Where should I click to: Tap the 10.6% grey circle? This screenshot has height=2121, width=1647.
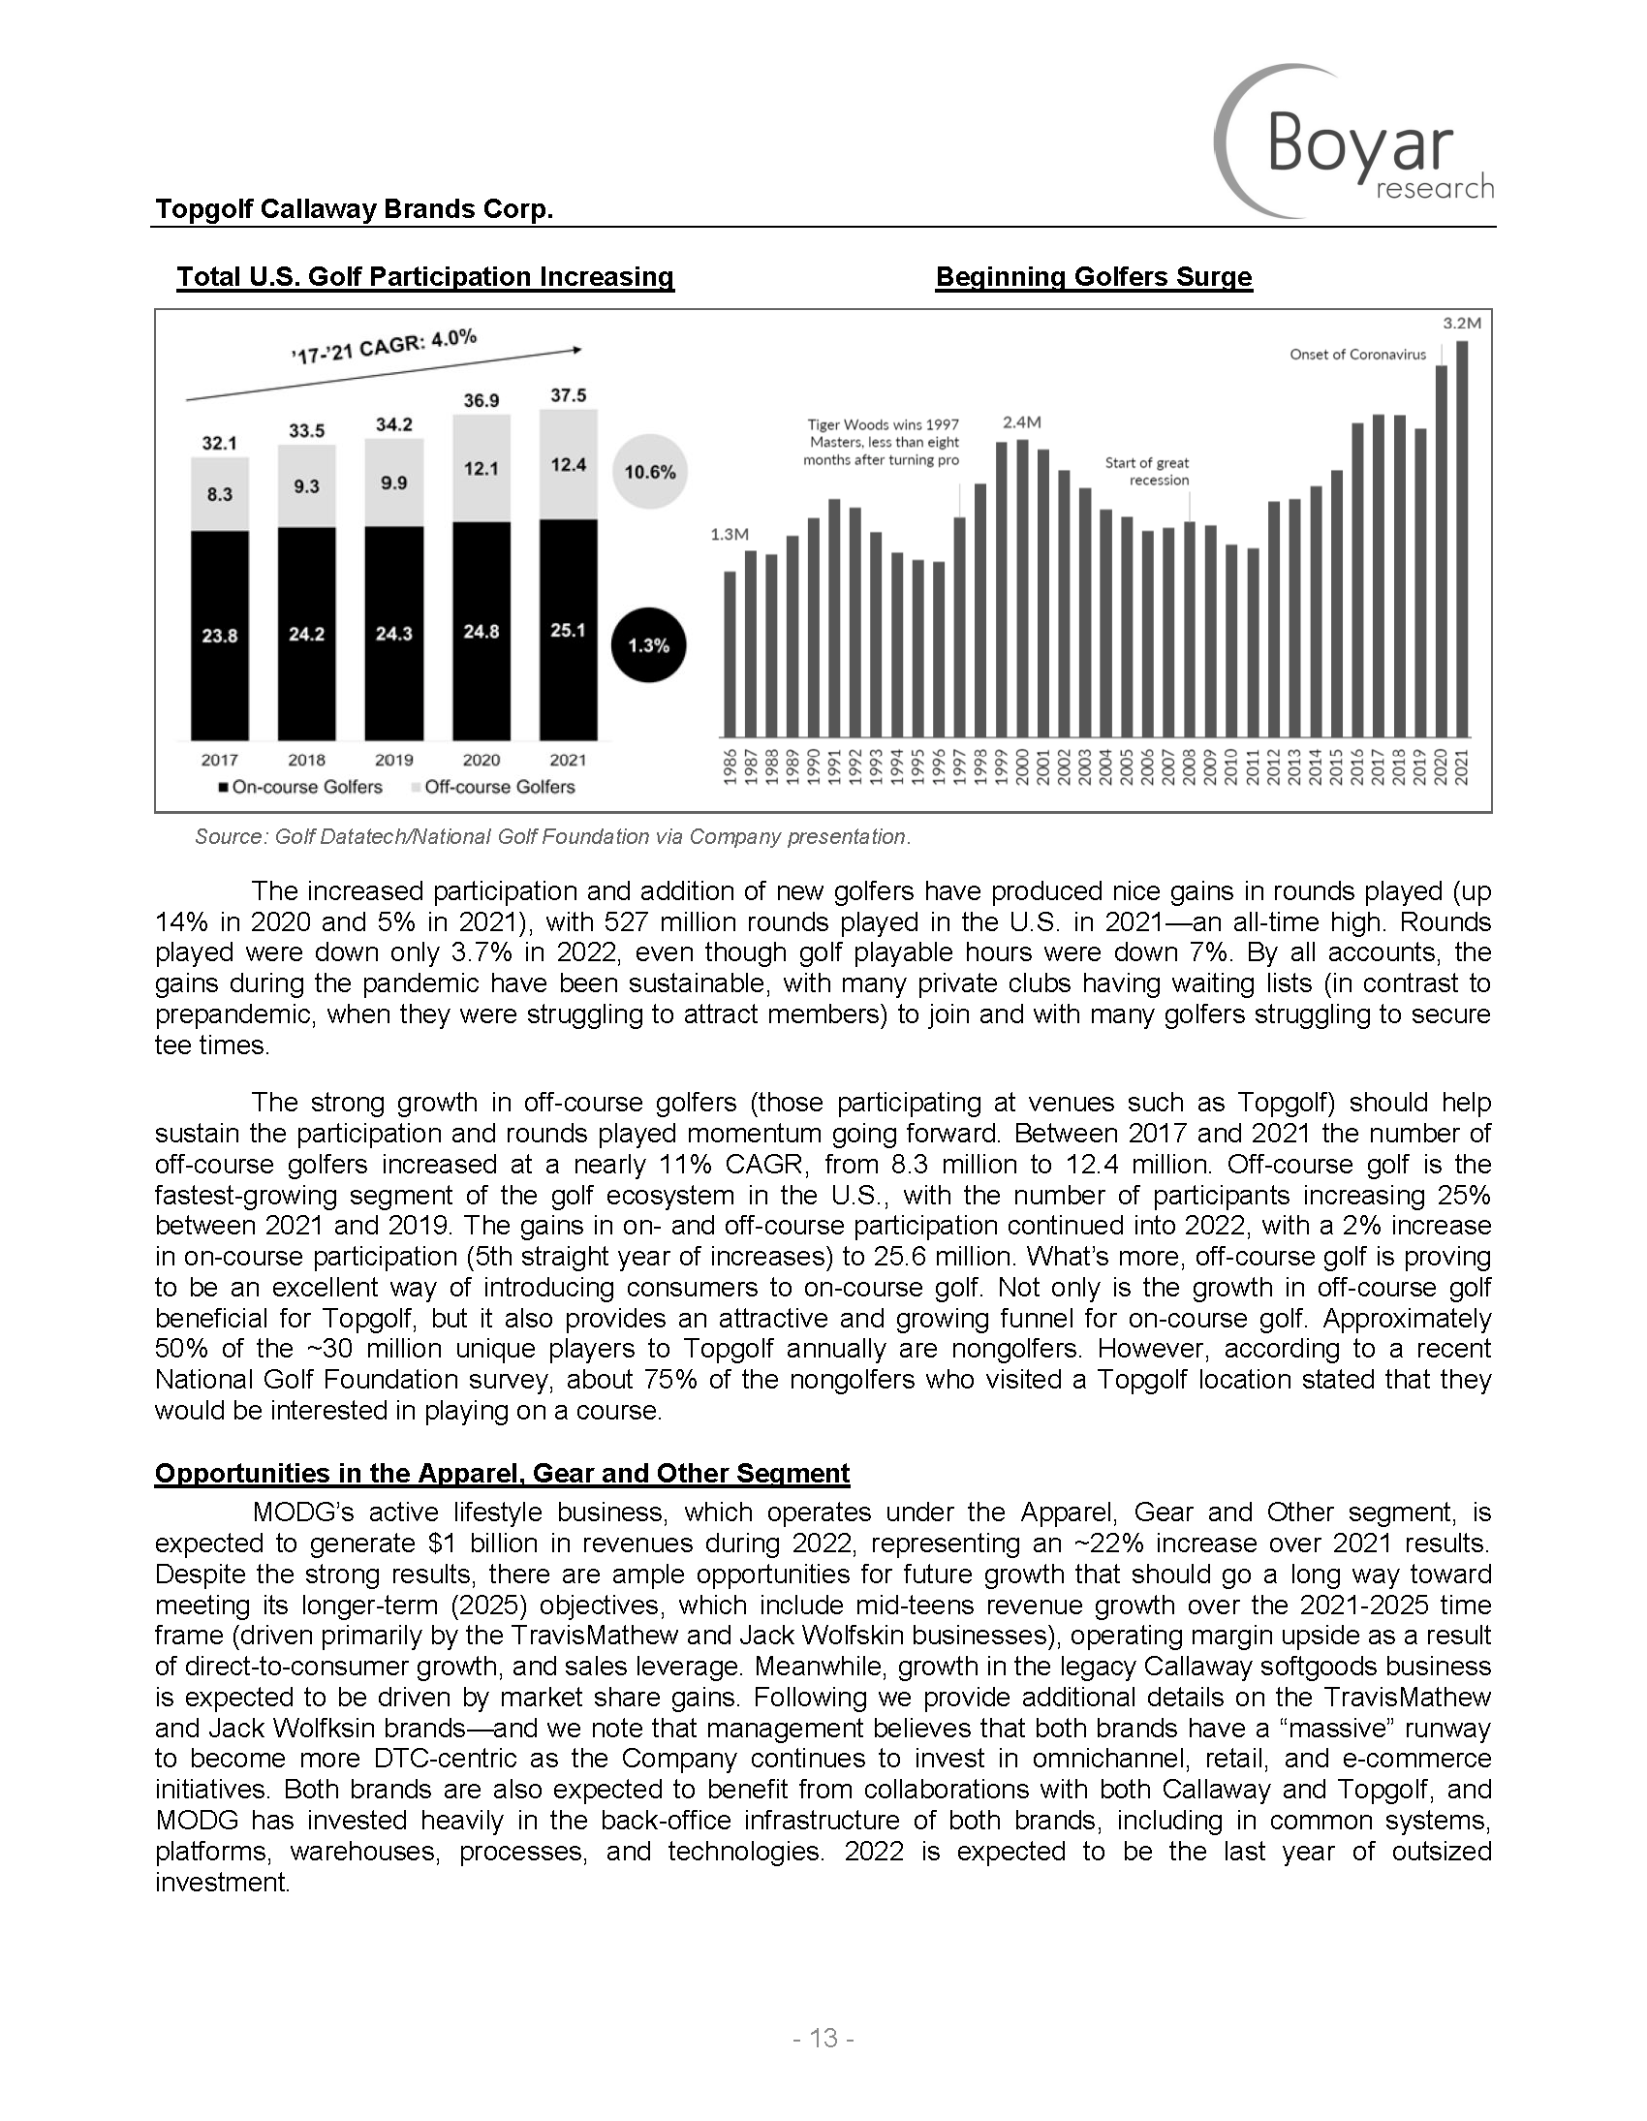tap(650, 472)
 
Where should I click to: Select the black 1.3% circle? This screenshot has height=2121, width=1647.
tap(649, 646)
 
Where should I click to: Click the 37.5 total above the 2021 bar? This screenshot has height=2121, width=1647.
tap(568, 395)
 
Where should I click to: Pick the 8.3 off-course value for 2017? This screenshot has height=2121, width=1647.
tap(220, 494)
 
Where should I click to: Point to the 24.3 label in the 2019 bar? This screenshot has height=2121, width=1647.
tap(393, 633)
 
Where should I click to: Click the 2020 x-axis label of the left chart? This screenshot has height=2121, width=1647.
tap(481, 760)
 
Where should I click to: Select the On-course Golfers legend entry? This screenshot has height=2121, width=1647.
tap(301, 787)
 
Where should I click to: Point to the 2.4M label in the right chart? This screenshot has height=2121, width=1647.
tap(1021, 422)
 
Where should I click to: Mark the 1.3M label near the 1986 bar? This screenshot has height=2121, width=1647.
tap(730, 534)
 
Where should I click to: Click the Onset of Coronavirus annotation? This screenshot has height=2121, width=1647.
tap(1357, 355)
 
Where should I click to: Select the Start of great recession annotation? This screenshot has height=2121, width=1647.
tap(1147, 471)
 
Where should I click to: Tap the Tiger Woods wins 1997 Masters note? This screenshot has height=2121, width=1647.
tap(882, 442)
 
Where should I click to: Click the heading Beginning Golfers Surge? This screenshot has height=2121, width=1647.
tap(1094, 277)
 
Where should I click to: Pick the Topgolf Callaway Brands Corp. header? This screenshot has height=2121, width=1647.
tap(355, 208)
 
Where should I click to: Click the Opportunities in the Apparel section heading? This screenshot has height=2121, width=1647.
tap(502, 1473)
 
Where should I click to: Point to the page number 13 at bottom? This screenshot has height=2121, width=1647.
tap(823, 2039)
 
